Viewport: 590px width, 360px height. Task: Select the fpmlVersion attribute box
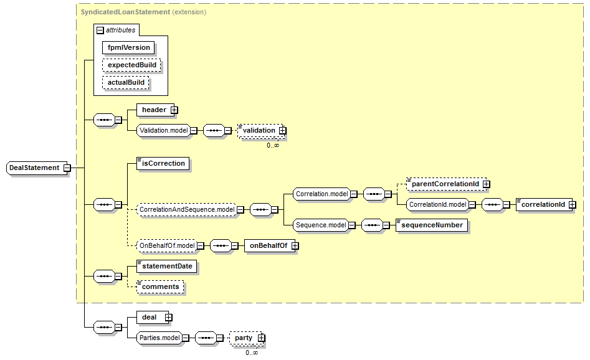(x=128, y=48)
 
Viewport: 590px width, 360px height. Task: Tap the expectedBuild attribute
(x=131, y=65)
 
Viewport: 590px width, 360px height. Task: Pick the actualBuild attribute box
(x=126, y=82)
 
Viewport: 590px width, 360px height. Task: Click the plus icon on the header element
(x=174, y=110)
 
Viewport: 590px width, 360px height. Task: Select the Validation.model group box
(x=164, y=131)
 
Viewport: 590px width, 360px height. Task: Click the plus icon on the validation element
(x=282, y=131)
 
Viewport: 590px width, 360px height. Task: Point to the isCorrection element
(x=163, y=164)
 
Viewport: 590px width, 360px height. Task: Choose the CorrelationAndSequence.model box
(x=187, y=209)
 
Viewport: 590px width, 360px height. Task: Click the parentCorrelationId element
(x=446, y=184)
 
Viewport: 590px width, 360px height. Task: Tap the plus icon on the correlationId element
(x=572, y=205)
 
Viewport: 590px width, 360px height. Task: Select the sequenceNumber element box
(x=432, y=225)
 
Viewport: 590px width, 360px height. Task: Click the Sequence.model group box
(x=321, y=225)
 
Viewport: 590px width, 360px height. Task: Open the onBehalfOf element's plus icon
(x=295, y=245)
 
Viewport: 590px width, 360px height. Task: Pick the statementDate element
(x=167, y=267)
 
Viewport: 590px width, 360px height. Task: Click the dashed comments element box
(x=160, y=287)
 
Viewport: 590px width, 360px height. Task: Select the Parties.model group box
(x=159, y=338)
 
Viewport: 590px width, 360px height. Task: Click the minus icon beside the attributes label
(x=100, y=30)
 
